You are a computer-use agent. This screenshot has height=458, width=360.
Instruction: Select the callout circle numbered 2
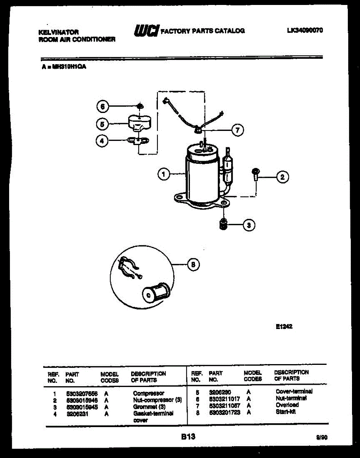tap(282, 177)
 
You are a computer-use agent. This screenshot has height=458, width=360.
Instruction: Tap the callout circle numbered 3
tap(249, 225)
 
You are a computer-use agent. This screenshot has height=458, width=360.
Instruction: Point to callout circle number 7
tap(237, 131)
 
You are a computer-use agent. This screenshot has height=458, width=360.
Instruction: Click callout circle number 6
tap(102, 107)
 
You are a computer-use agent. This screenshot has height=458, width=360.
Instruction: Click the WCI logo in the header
tap(146, 31)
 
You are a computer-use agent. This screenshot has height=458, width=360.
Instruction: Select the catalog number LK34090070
tap(305, 30)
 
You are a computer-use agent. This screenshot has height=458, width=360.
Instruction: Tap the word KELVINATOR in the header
tap(59, 33)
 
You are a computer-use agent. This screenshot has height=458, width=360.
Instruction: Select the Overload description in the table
tap(287, 405)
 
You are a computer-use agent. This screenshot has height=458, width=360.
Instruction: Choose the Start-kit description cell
tap(285, 412)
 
